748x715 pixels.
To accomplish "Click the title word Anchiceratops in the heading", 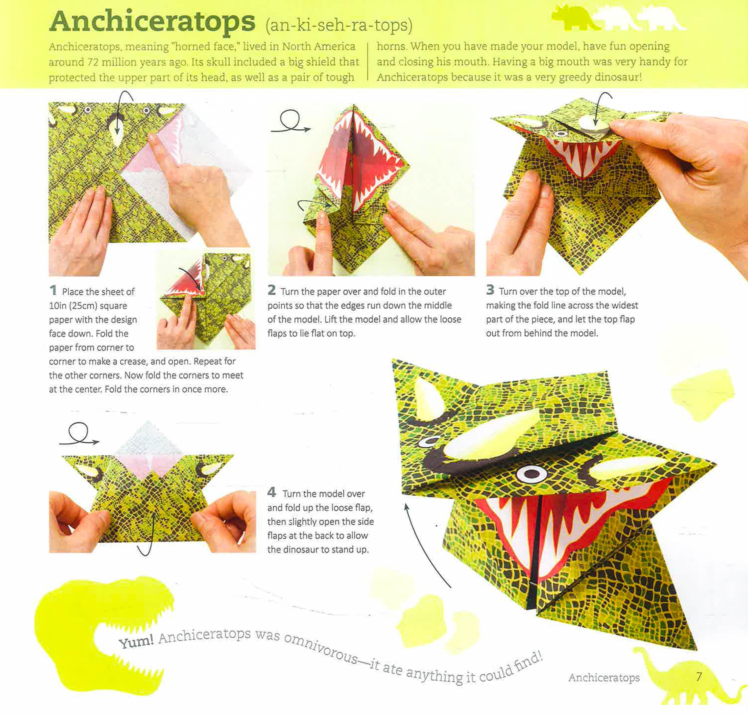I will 152,22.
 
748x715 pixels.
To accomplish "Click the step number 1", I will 53,290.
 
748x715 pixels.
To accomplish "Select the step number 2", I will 271,290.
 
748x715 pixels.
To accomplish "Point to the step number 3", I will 490,290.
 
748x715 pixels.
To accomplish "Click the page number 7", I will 699,677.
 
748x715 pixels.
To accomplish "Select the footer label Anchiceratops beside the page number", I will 604,678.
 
